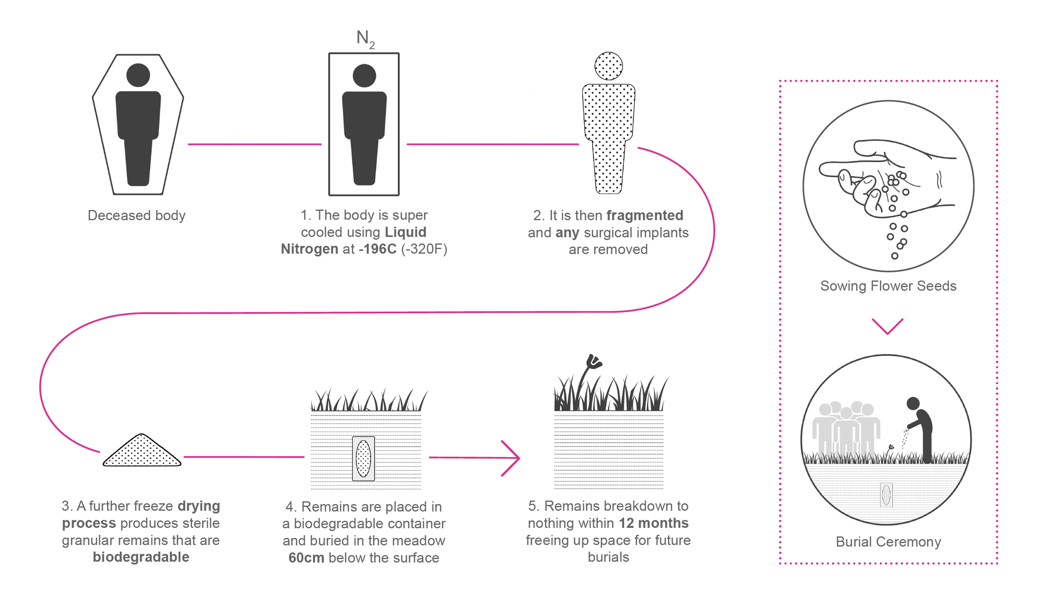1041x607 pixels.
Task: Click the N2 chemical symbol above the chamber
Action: coord(365,39)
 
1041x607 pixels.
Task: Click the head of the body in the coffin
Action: coord(138,75)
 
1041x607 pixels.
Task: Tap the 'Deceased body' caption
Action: coord(137,215)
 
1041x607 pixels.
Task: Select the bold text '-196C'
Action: coord(377,249)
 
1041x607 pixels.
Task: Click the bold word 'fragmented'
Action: coord(645,215)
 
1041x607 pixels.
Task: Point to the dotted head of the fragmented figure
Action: coord(608,66)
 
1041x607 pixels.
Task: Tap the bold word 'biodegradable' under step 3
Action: coord(141,557)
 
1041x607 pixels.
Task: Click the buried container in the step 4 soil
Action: coord(363,459)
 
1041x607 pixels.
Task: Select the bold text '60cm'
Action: coord(306,557)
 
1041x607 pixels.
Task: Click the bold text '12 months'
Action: coord(653,523)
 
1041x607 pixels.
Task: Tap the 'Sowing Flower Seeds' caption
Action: coord(888,286)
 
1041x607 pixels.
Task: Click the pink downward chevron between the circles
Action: coord(887,326)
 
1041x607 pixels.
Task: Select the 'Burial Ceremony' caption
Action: coord(888,542)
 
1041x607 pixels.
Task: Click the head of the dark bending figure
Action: coord(913,403)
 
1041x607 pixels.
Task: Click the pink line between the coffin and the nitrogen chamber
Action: coord(254,144)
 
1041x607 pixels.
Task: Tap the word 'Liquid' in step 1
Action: coord(406,232)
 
